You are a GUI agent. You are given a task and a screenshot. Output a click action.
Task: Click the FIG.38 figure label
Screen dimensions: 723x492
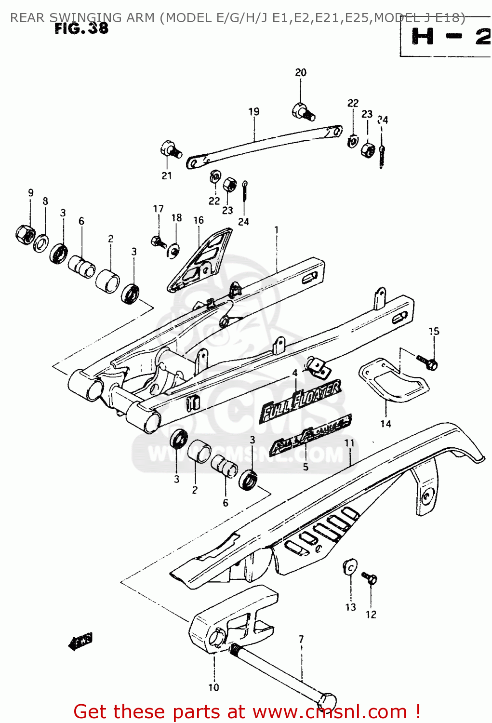81,28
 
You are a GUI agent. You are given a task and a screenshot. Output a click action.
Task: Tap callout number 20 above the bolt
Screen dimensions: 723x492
300,73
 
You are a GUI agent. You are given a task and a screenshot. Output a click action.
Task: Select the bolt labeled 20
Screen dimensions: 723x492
303,111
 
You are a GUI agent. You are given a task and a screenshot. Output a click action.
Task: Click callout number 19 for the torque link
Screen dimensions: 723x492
253,112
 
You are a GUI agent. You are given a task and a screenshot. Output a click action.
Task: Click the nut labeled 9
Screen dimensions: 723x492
25,234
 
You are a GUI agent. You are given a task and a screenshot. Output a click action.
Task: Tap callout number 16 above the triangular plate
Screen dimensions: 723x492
199,220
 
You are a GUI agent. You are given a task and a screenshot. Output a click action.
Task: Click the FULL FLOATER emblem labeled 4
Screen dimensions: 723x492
301,400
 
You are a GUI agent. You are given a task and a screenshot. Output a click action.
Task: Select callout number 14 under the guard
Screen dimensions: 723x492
386,424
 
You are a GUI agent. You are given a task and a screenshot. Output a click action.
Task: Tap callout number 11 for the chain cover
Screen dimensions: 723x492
349,443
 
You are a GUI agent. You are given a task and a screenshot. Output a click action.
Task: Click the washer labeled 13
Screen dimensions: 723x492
350,567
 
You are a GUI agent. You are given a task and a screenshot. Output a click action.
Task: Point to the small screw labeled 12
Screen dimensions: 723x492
370,578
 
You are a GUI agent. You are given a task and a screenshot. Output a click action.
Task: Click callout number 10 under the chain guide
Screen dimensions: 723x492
213,687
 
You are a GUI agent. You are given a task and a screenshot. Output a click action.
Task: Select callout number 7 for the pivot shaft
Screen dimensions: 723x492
301,640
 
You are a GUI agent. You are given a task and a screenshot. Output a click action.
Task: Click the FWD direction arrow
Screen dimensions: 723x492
80,642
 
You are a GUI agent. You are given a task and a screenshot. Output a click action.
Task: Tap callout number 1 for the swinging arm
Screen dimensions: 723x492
277,230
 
